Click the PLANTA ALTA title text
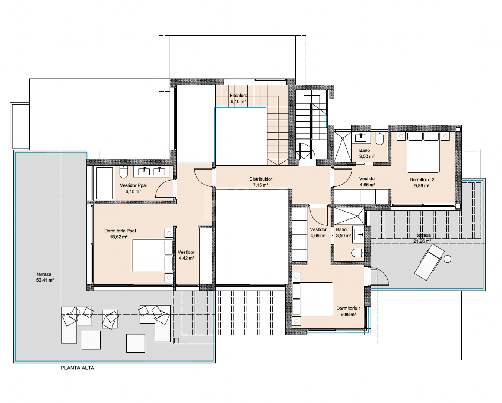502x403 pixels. point(77,368)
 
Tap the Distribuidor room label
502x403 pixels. point(261,179)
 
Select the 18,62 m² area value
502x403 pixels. point(118,237)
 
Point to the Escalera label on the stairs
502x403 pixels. point(238,96)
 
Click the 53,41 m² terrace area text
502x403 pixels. point(45,280)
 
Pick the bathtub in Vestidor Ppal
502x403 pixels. point(105,183)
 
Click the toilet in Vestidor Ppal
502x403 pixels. point(124,172)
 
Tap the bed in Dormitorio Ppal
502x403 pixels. point(152,255)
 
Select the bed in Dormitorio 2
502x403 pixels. point(423,152)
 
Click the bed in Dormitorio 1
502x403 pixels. point(312,299)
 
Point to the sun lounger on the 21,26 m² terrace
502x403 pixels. point(429,262)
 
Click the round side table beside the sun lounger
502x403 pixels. point(448,259)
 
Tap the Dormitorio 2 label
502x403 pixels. point(422,180)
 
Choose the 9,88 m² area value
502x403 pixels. point(348,315)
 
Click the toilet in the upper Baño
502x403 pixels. point(380,138)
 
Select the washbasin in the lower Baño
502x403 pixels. point(358,234)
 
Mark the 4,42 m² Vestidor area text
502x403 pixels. point(186,258)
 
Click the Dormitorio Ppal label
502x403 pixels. point(120,231)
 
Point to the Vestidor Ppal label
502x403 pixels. point(133,185)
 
